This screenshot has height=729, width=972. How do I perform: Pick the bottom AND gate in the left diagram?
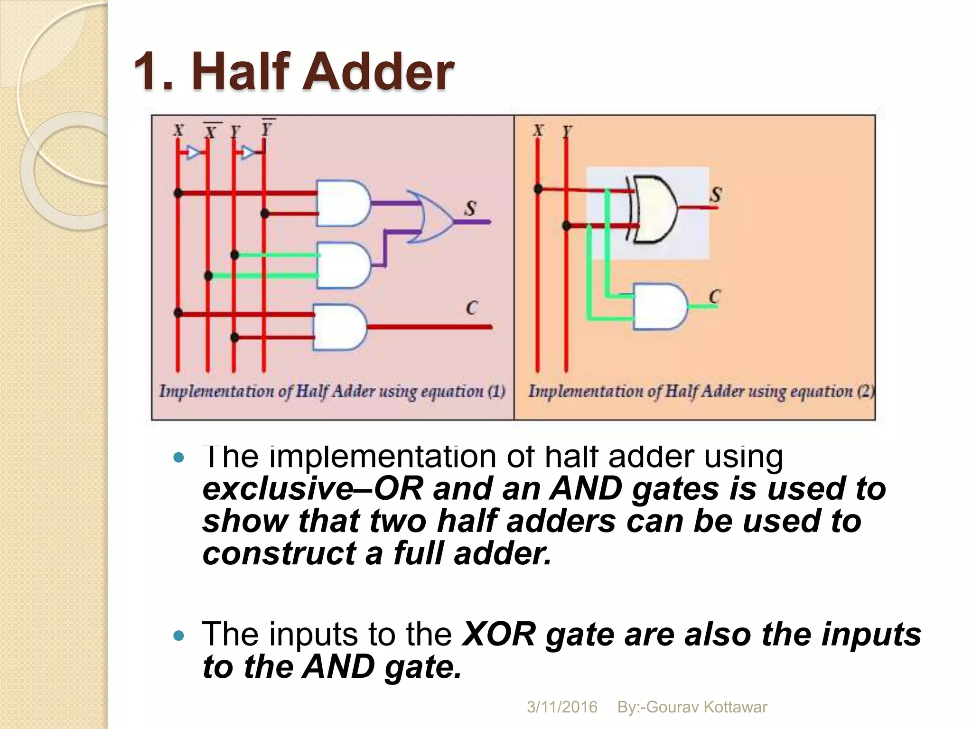(339, 327)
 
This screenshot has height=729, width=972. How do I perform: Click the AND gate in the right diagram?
(660, 307)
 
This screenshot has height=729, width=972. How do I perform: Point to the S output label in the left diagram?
(470, 208)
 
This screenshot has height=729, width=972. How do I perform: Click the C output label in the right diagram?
(714, 297)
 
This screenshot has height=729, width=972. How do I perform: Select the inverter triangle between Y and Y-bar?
(248, 152)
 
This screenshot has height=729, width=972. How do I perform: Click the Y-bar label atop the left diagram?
(267, 128)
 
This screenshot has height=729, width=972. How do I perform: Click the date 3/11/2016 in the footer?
(562, 707)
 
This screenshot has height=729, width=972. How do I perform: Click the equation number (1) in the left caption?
(496, 392)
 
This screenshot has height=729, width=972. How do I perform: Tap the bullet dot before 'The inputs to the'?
(178, 636)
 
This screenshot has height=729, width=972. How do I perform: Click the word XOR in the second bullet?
(498, 634)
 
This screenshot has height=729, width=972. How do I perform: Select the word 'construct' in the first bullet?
(279, 553)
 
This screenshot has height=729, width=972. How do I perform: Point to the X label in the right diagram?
(538, 130)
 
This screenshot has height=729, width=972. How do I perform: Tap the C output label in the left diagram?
(471, 308)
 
